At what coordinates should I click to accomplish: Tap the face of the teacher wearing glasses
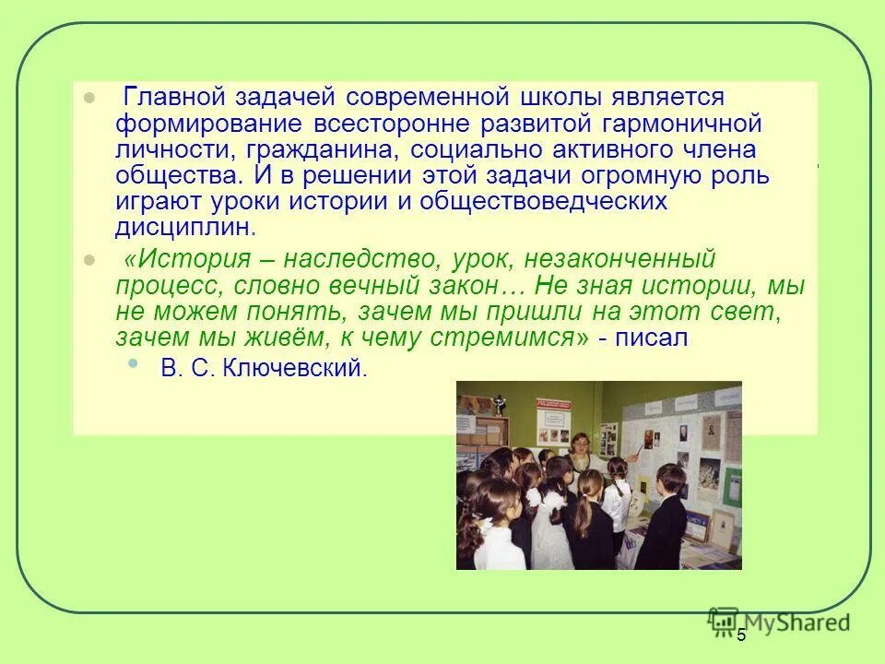581,445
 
